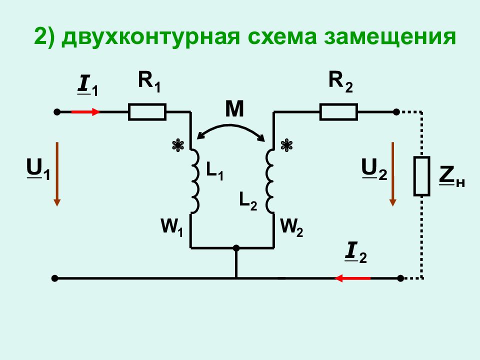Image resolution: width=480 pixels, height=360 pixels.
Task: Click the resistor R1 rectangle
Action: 147,111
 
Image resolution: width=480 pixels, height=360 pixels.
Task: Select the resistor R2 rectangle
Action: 338,111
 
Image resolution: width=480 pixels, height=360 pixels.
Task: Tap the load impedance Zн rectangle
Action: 422,176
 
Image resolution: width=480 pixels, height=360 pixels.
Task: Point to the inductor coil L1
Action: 195,181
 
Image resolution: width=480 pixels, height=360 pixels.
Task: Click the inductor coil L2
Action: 269,181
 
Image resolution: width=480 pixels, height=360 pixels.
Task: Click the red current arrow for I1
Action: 85,112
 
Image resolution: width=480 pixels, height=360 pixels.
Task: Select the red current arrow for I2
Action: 352,278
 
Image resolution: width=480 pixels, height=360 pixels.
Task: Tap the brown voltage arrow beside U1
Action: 57,174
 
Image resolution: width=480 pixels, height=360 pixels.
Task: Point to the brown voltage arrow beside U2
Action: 393,174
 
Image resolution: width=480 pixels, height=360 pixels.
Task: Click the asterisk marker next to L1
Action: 178,145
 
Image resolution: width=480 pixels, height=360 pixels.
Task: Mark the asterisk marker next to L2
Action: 286,145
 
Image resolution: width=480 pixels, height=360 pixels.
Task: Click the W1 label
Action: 171,227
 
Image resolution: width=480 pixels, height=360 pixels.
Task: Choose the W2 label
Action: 291,227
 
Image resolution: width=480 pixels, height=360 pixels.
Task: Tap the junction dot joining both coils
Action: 236,248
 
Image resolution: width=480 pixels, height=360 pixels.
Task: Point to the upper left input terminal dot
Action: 57,112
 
